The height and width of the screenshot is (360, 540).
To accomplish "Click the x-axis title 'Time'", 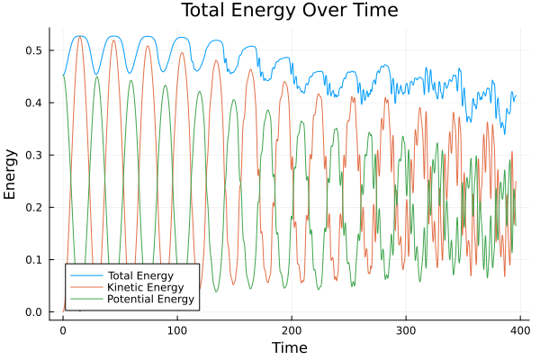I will click(x=289, y=347).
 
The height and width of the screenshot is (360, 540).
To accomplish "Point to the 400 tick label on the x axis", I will click(x=517, y=329).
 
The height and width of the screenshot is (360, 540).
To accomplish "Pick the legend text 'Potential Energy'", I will click(x=149, y=299).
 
